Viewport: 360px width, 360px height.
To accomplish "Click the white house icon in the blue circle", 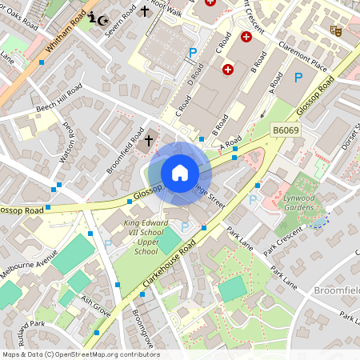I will [x=180, y=173].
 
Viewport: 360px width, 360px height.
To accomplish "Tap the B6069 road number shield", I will [x=286, y=129].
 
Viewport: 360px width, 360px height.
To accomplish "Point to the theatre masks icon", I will [x=336, y=30].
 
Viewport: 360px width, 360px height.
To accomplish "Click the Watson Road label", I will [x=66, y=142].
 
